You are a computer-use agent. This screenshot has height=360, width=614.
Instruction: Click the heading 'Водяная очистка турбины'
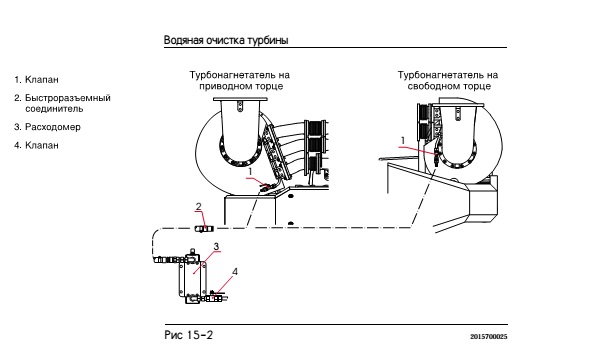point(226,40)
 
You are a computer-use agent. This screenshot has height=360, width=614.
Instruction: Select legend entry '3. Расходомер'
point(47,127)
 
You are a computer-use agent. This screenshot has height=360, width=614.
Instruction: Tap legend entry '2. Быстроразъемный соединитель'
point(62,103)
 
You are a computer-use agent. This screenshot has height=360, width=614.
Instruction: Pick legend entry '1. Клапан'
point(36,80)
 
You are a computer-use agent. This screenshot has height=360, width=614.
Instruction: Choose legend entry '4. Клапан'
point(36,145)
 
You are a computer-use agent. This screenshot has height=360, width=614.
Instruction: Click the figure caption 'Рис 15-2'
point(189,335)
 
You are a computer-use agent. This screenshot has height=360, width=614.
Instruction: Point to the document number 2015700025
point(489,336)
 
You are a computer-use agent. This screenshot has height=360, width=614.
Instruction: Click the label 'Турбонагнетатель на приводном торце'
point(240,80)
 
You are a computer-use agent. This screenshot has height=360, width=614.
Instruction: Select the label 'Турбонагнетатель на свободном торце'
point(448,80)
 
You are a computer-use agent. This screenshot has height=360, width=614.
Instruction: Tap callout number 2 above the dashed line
point(199,206)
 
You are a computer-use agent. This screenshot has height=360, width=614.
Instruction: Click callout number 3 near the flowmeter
point(216,246)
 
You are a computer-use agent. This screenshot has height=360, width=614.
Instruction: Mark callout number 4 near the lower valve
point(235,271)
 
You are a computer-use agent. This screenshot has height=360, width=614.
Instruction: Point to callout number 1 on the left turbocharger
point(251,172)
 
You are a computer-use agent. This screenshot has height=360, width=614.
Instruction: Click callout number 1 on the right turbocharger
point(403,140)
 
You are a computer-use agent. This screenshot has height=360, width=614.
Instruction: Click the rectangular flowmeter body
point(192,278)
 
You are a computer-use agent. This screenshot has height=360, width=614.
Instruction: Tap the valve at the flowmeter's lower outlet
point(215,297)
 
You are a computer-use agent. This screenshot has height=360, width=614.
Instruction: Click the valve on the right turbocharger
point(437,155)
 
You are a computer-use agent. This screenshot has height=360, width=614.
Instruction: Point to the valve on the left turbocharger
point(265,187)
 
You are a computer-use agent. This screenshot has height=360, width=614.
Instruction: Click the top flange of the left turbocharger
point(240,99)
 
